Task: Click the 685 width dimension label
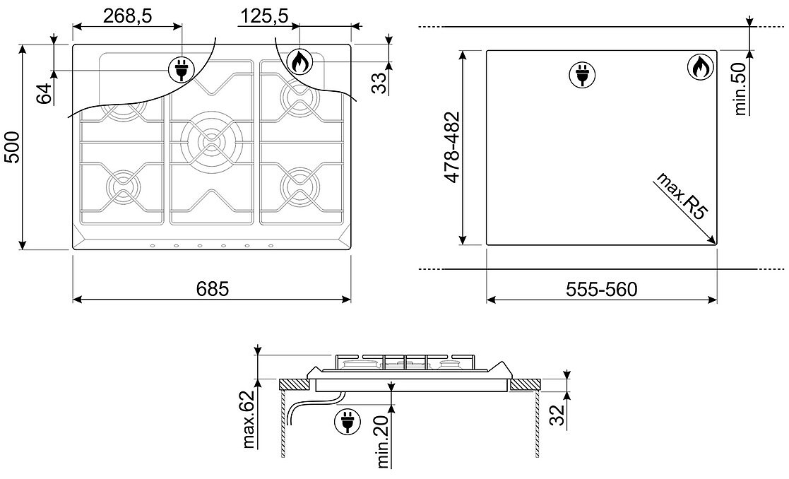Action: point(213,289)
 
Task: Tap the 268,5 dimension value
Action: point(127,16)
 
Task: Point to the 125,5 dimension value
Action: point(263,16)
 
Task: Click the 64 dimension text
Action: point(45,93)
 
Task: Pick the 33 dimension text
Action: point(381,83)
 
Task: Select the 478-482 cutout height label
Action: point(452,147)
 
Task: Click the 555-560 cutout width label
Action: point(601,290)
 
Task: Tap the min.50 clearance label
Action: point(740,89)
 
